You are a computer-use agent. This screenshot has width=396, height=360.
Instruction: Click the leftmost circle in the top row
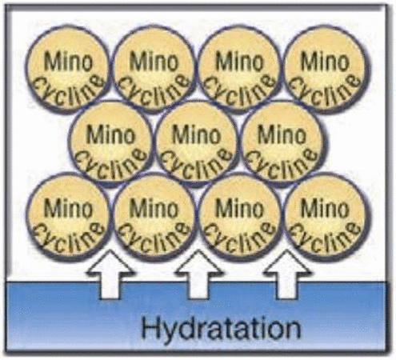point(68,68)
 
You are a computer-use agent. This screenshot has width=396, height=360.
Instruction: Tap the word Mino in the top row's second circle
point(154,62)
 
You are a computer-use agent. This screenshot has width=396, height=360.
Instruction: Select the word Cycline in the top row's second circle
point(154,90)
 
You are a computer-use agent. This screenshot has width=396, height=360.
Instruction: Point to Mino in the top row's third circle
point(239,62)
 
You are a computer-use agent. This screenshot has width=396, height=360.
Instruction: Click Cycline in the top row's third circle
point(239,90)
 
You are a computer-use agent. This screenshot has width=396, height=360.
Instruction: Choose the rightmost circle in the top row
point(326,68)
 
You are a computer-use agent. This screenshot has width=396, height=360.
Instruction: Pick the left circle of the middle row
point(110,143)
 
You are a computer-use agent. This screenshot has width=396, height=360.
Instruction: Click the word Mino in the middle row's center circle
point(197,135)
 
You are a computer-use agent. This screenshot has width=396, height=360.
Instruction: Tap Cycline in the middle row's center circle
point(197,163)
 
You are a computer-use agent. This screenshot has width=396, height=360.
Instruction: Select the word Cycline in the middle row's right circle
point(282,163)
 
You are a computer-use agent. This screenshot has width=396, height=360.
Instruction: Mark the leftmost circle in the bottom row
point(68,217)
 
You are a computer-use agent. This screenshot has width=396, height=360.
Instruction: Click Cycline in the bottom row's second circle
point(154,237)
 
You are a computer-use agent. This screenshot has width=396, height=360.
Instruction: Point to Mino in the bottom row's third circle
point(239,209)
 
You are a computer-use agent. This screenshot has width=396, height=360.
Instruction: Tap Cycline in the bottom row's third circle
point(239,237)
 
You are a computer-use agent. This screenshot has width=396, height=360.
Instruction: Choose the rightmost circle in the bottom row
point(326,217)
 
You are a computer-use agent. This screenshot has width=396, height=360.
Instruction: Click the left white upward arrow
point(110,274)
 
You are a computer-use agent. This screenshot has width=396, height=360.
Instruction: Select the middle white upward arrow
point(198,274)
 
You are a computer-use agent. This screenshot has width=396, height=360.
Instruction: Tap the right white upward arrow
point(286,274)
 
